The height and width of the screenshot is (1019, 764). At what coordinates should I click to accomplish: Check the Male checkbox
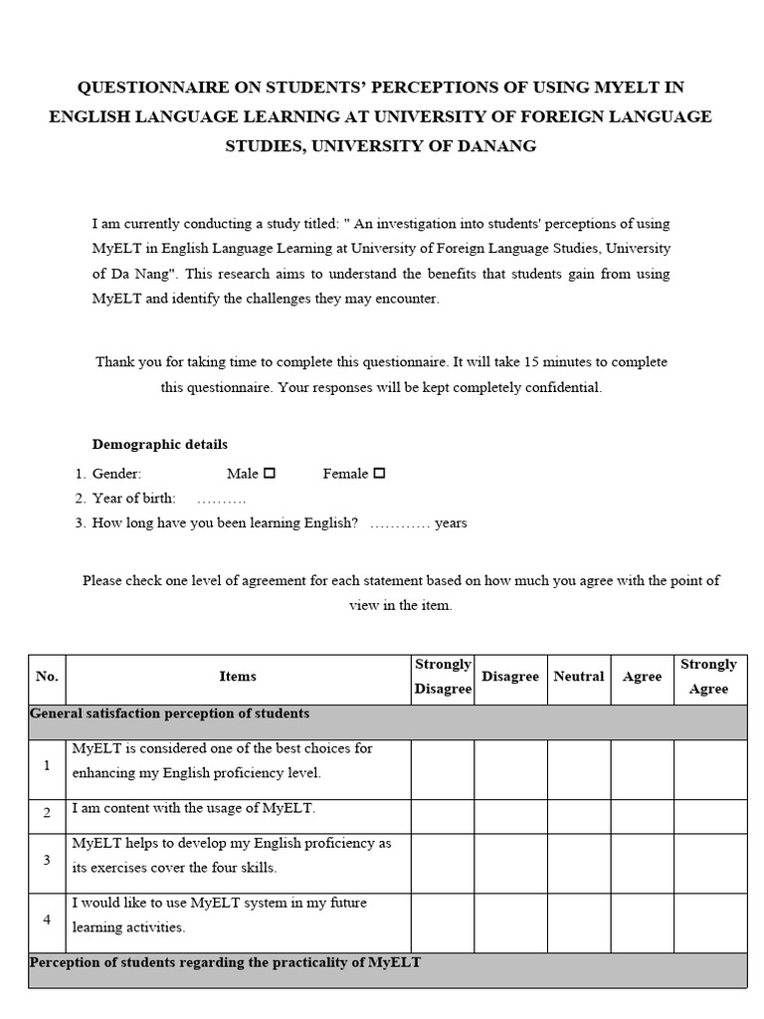[270, 474]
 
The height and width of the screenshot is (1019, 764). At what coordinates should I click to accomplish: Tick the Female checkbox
[379, 474]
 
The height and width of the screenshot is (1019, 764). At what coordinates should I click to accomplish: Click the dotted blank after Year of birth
[221, 499]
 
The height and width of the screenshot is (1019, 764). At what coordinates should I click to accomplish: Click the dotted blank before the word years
[399, 523]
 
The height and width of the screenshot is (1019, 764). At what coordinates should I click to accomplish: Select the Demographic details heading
[160, 445]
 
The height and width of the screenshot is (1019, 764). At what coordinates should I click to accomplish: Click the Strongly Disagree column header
[443, 677]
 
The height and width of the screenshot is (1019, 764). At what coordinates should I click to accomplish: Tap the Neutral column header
[578, 677]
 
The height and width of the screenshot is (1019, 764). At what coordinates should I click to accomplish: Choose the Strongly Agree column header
[708, 677]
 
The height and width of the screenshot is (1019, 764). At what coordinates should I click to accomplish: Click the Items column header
[238, 677]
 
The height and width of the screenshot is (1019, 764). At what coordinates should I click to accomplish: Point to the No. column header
[47, 677]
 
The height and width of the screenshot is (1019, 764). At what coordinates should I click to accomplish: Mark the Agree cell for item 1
[642, 769]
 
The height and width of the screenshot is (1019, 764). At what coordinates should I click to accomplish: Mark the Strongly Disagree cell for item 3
[443, 863]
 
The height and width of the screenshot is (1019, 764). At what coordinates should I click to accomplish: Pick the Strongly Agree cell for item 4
[709, 922]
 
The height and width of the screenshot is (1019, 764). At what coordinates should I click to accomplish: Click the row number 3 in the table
[47, 859]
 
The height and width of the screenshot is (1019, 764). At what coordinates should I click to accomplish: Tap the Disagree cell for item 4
[510, 922]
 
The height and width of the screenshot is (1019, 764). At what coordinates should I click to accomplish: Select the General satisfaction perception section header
[170, 713]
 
